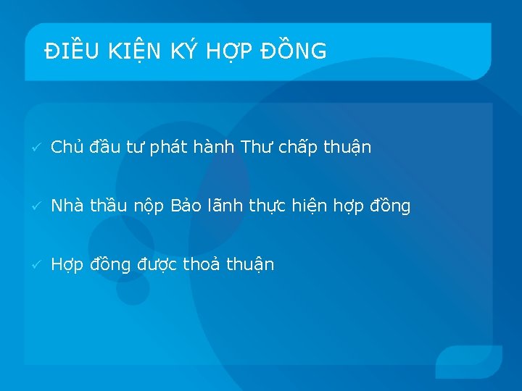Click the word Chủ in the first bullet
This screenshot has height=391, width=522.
click(67, 148)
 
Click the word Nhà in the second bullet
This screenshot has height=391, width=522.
click(67, 206)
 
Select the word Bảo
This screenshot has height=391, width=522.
click(188, 206)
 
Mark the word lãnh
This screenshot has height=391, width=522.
click(228, 206)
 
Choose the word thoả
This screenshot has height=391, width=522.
click(201, 264)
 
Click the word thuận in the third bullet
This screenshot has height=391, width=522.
click(250, 265)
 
